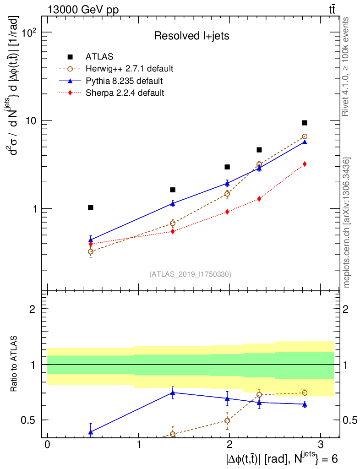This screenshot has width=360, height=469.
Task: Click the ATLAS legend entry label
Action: point(99,57)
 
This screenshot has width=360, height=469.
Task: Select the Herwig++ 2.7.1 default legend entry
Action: point(129,69)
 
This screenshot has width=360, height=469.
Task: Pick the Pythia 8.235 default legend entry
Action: point(124,81)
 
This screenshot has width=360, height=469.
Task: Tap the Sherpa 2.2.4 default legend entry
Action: point(125,93)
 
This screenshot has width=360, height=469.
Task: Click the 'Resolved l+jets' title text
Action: point(191,36)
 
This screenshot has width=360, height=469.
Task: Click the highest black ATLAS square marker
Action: point(305,123)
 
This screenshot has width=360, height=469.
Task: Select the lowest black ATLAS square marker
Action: point(91,207)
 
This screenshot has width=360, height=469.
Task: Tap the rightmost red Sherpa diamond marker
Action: point(305,164)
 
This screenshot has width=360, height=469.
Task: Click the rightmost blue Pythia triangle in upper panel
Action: point(305,142)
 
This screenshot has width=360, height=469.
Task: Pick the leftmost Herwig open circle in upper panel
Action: point(91,251)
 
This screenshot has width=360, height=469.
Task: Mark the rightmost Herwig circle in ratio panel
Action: point(305,393)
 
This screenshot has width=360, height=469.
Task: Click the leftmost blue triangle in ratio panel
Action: point(91,431)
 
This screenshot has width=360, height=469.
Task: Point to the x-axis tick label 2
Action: point(229,445)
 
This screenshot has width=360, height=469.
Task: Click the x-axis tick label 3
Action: point(320,445)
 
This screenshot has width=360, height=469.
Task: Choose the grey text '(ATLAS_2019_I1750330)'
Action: point(190,274)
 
